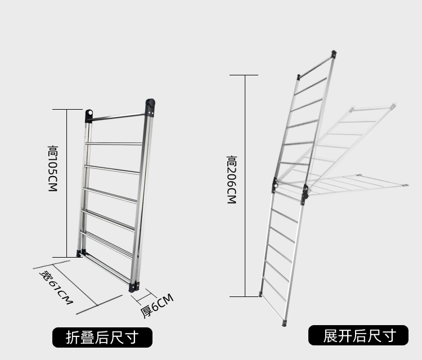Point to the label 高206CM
click(x=231, y=180)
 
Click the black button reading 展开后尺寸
click(x=358, y=336)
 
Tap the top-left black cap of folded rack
click(x=88, y=115)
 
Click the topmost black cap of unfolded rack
click(x=334, y=54)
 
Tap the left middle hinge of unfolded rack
click(x=275, y=184)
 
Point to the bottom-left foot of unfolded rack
click(x=261, y=294)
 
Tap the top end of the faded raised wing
click(x=393, y=105)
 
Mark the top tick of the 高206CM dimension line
click(x=244, y=75)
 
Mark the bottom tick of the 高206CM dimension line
click(x=244, y=296)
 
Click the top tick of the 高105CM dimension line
click(x=67, y=109)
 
